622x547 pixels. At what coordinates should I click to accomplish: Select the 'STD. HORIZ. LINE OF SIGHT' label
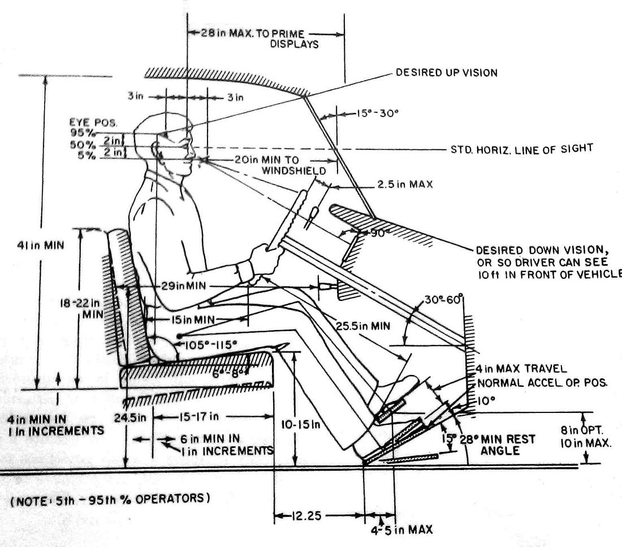tap(520, 149)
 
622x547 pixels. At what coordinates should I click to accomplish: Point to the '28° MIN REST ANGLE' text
tap(498, 445)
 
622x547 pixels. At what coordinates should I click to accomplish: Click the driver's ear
tap(157, 148)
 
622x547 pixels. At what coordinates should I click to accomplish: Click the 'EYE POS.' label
tap(84, 122)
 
